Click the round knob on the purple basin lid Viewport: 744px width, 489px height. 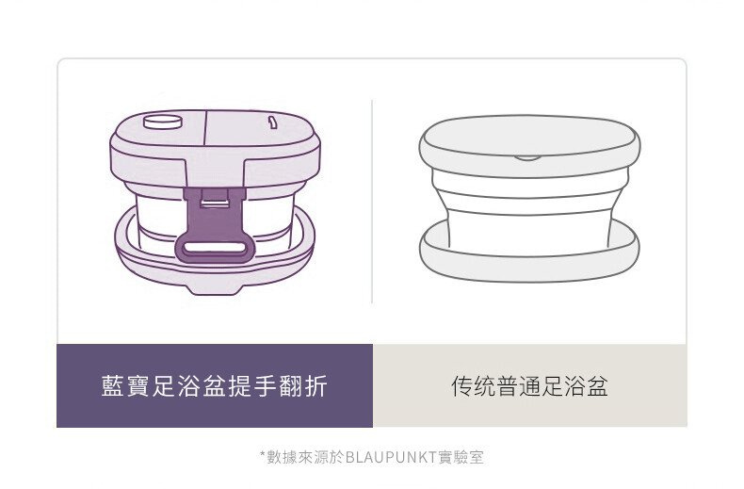click(163, 122)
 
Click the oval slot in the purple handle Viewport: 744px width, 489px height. click(215, 248)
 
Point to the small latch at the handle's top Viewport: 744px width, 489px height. click(215, 198)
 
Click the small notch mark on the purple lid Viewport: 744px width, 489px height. click(271, 122)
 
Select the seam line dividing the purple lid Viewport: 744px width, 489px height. click(206, 128)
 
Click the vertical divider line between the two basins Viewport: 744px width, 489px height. click(372, 202)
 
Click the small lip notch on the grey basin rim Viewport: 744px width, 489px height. click(527, 157)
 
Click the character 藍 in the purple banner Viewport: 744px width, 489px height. click(113, 385)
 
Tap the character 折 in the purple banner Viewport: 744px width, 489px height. click(315, 385)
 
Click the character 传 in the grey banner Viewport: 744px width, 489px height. click(462, 385)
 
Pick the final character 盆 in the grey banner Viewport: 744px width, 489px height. click(598, 385)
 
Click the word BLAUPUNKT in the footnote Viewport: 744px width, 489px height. click(391, 457)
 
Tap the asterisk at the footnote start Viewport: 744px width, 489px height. click(263, 454)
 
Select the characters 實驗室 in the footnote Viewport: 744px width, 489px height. click(461, 457)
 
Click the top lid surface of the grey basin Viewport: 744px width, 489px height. click(529, 137)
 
